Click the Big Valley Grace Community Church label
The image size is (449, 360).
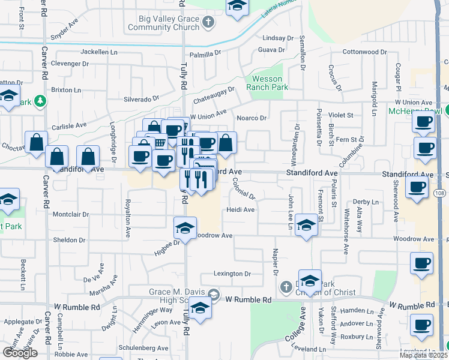[160, 23]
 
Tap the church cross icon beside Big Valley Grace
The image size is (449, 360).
[208, 23]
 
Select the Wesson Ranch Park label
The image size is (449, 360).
[267, 83]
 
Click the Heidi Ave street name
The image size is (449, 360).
[241, 210]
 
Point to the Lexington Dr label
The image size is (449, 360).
[233, 274]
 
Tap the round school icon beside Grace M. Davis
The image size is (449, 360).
[214, 295]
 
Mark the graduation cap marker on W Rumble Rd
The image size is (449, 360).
[200, 308]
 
